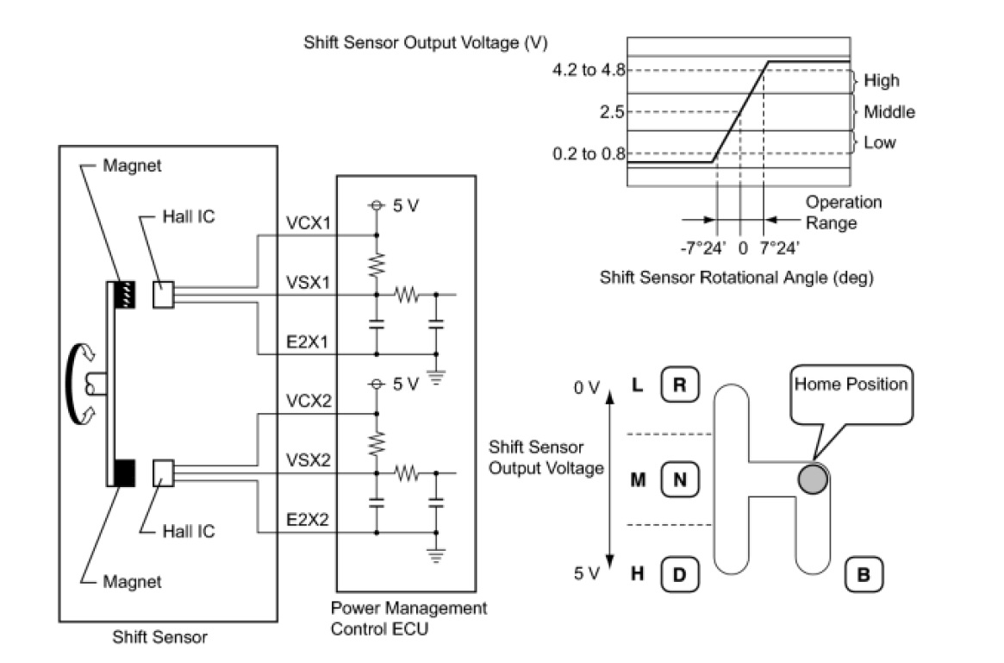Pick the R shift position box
(679, 385)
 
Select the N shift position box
(679, 480)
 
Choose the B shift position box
(862, 573)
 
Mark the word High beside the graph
(881, 81)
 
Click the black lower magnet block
(124, 472)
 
